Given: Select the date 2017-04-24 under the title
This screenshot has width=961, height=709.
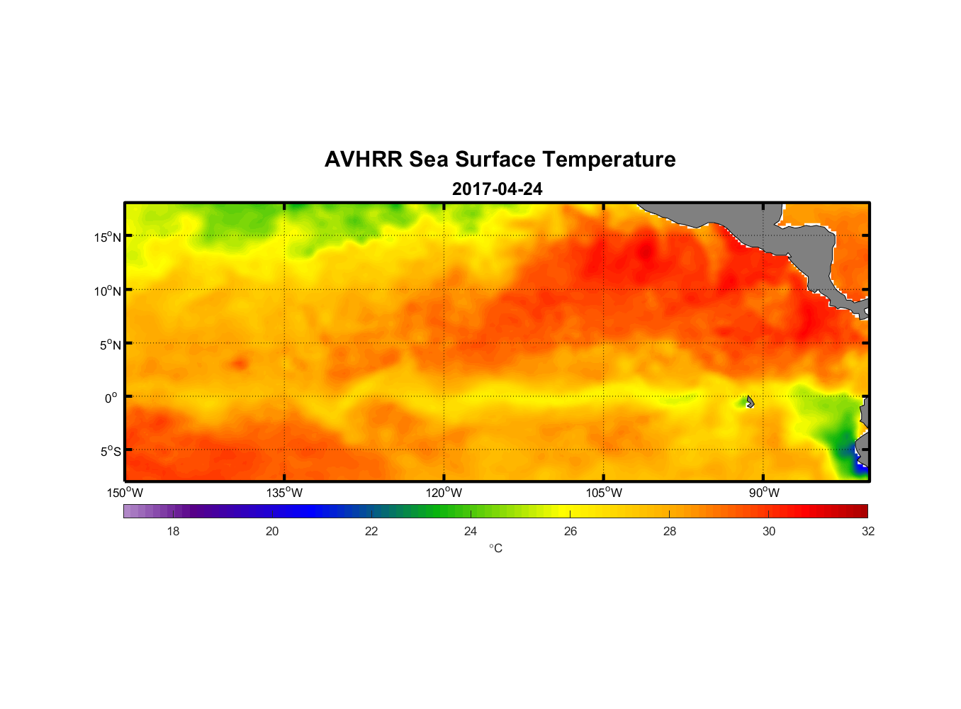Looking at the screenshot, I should (498, 189).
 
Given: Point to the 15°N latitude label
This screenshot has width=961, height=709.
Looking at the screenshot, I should (108, 237).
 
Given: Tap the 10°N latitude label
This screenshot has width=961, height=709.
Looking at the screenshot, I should (108, 291).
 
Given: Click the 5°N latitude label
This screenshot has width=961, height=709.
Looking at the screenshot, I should (110, 345).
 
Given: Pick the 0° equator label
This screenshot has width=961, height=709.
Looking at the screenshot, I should (111, 398).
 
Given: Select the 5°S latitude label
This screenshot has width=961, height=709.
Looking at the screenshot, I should (110, 452).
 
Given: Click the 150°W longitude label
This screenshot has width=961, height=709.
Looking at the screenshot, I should (125, 493).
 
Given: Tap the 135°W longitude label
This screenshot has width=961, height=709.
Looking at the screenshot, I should (284, 493).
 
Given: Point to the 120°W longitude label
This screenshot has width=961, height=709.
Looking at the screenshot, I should (444, 493).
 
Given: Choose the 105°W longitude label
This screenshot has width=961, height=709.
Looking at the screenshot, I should (604, 493).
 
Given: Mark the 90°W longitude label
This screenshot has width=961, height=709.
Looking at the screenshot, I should (764, 493).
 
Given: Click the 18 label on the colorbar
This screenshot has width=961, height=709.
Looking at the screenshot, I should (173, 531).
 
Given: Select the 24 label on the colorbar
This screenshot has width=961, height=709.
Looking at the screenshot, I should (471, 531).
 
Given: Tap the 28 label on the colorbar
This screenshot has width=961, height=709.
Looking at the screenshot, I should (670, 531).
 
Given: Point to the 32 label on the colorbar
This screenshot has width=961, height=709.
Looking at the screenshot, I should (868, 531).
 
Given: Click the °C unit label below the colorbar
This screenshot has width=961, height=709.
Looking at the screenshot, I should (495, 548).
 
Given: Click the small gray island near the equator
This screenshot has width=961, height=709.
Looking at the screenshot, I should (750, 402).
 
